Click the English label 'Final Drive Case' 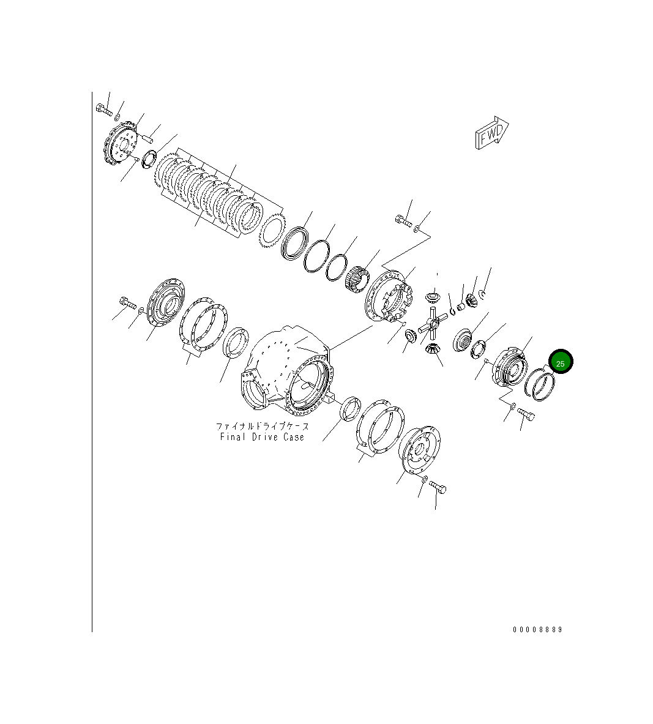[x=262, y=437]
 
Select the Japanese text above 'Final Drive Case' [x=262, y=426]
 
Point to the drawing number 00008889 [x=537, y=629]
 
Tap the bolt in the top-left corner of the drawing [x=104, y=110]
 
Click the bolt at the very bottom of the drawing [x=438, y=488]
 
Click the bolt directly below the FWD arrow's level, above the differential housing [x=403, y=220]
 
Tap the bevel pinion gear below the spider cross [x=431, y=351]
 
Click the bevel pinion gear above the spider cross [x=431, y=298]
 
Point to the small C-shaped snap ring [x=483, y=296]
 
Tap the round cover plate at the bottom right [x=422, y=450]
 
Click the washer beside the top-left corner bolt [x=118, y=116]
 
